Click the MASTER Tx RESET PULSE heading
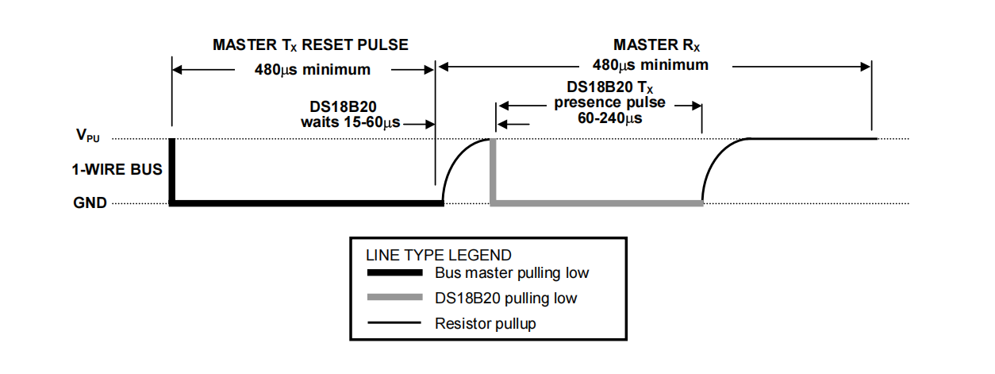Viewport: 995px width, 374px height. point(310,45)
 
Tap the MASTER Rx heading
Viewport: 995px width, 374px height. point(656,45)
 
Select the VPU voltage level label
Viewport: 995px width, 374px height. point(88,135)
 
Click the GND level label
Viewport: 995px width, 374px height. point(90,202)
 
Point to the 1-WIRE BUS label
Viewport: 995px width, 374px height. point(117,169)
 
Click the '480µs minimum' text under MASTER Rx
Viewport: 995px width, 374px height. point(651,65)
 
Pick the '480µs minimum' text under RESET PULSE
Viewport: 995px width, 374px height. point(313,70)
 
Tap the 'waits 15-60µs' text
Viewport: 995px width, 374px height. point(351,122)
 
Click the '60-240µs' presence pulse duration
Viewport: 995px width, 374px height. point(610,118)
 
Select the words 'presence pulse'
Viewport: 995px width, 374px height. point(609,102)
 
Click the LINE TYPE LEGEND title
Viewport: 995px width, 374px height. point(439,255)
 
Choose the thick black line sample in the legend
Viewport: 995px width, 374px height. point(394,272)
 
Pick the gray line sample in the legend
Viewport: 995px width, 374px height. point(394,298)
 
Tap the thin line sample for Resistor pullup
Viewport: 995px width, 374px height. point(394,323)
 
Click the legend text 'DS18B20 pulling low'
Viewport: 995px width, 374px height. point(506,298)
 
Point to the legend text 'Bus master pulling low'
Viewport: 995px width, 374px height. point(512,273)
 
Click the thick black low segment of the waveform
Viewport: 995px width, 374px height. point(306,203)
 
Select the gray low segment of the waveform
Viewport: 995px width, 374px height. point(597,203)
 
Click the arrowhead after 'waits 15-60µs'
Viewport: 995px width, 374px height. point(429,125)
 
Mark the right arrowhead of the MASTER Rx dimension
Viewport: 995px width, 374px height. point(865,67)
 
